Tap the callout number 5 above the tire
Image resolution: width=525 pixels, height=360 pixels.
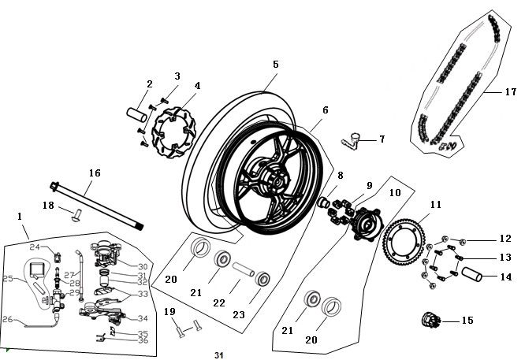tap(275, 65)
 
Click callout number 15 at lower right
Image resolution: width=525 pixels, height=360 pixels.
tap(467, 321)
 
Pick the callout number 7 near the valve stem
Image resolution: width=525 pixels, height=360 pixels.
tap(382, 139)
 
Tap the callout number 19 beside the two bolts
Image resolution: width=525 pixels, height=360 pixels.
tap(168, 311)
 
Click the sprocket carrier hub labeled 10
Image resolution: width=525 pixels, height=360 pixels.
tap(367, 225)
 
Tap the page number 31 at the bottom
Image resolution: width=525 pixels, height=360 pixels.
tap(218, 355)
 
